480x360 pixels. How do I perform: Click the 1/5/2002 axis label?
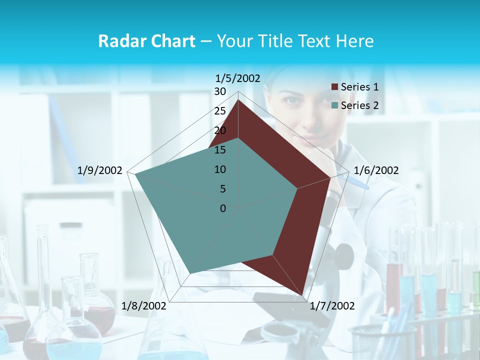click(x=237, y=78)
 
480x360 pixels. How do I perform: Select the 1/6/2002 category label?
click(x=376, y=170)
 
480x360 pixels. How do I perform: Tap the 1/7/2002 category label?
click(x=332, y=306)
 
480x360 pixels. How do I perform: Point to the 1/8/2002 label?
click(x=144, y=306)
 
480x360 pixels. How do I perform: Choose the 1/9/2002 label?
click(x=99, y=170)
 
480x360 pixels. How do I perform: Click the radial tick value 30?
click(x=220, y=91)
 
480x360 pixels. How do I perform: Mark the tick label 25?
click(x=220, y=111)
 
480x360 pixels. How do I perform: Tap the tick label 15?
click(x=220, y=150)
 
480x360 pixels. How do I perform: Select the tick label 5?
click(x=222, y=189)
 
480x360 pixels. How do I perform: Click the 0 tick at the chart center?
click(x=223, y=208)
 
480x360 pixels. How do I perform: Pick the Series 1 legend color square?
click(x=334, y=87)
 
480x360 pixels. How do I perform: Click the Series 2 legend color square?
click(x=334, y=105)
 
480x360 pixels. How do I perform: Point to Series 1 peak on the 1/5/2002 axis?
click(x=238, y=100)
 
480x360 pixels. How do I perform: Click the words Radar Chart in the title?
click(x=146, y=41)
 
